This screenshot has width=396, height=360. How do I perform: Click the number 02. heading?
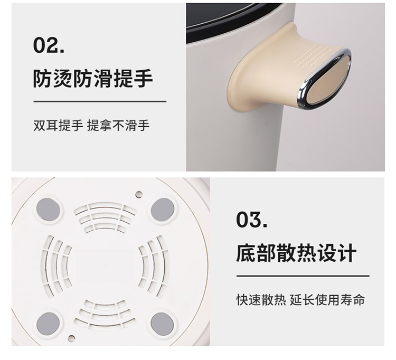coord(49,45)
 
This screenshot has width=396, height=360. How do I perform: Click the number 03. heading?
coord(252,220)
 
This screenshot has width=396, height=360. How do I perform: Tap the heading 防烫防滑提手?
coord(93,78)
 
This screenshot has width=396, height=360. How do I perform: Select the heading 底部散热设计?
coord(296,252)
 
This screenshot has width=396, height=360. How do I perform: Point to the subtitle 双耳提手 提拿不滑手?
coord(91,125)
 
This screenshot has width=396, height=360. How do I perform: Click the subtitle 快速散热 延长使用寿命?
coord(300,300)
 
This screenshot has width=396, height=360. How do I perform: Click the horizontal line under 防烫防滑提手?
coord(100,101)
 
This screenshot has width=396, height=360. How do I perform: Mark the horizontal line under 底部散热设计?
coord(303,276)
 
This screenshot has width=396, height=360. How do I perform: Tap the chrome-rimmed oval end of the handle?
coord(325,79)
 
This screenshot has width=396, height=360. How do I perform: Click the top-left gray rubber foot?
coord(48,209)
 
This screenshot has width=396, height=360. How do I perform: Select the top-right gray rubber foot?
coord(163,210)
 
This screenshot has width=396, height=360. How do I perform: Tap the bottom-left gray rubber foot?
coord(48,324)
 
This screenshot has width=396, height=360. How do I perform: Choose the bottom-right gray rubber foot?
coord(162,324)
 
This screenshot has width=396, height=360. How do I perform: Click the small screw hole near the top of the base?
coord(139,194)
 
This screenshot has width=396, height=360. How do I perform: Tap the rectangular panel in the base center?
coord(105,267)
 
